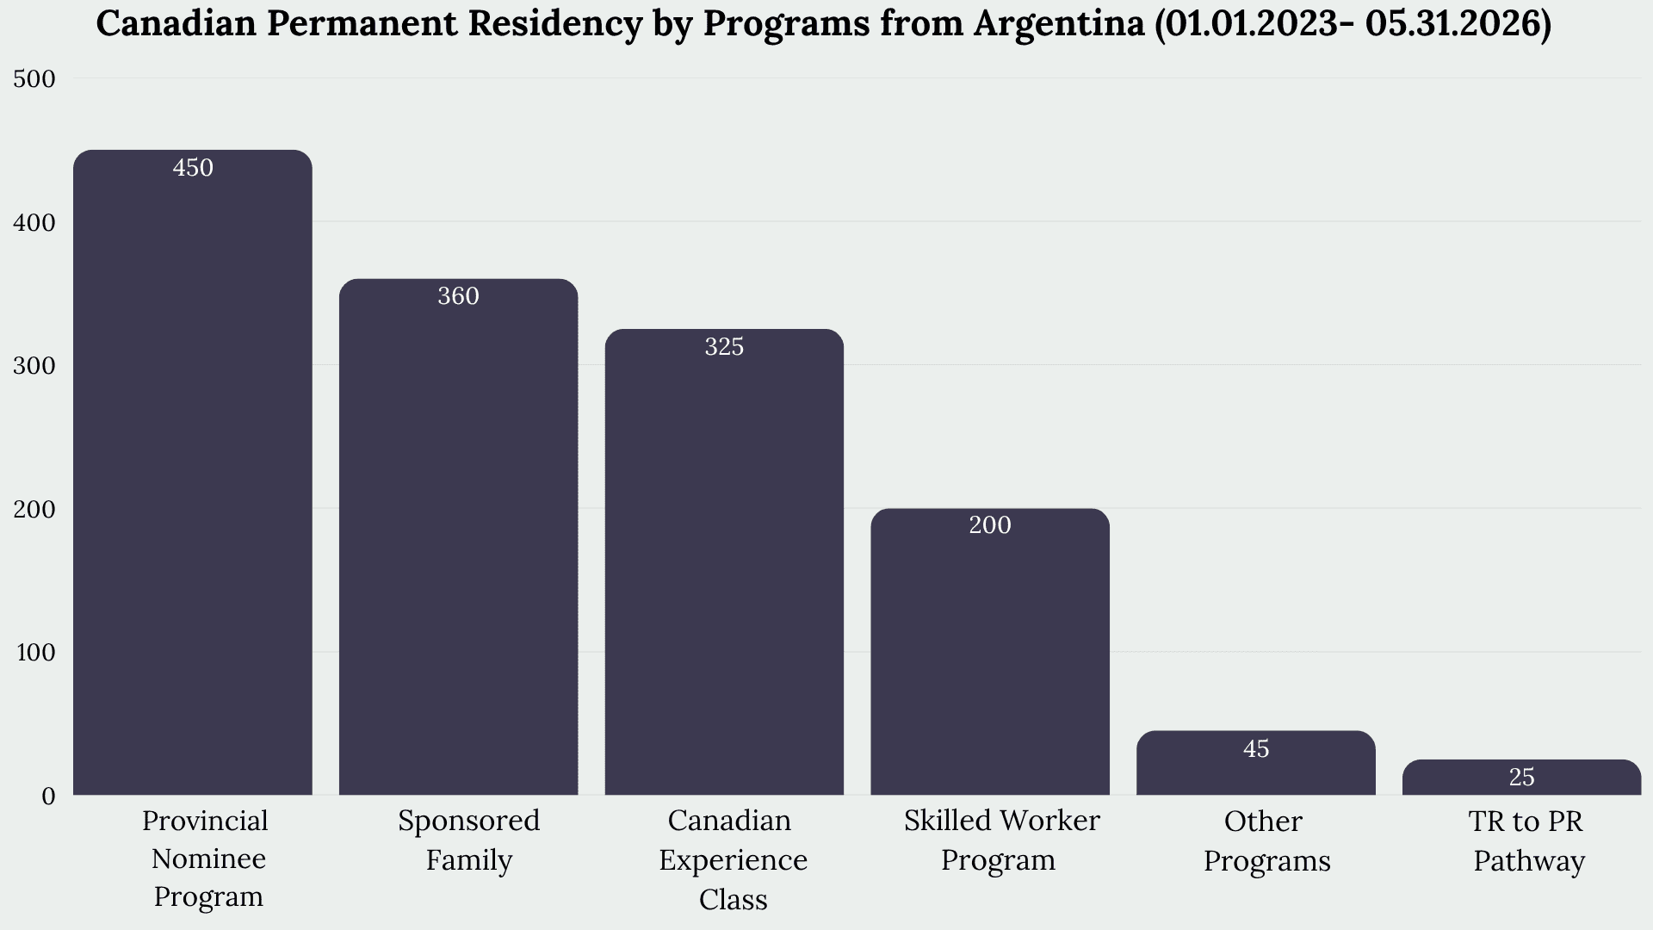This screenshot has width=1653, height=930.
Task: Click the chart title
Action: point(823,24)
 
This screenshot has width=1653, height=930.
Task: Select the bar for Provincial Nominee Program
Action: point(193,472)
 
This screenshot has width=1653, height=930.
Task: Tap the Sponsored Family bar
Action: point(458,536)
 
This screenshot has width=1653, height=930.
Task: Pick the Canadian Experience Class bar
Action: point(724,561)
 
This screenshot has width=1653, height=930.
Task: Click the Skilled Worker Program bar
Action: point(990,651)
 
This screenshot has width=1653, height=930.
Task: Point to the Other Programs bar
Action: point(1256,762)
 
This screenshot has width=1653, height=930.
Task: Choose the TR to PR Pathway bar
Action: point(1521,777)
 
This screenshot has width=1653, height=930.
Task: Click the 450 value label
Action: point(193,167)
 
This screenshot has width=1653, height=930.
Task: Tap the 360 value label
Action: point(458,296)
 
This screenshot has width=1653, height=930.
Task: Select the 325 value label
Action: point(724,346)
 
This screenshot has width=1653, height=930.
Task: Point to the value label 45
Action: point(1256,748)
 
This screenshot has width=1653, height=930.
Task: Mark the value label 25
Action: point(1521,777)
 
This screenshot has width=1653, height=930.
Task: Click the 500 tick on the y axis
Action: point(34,79)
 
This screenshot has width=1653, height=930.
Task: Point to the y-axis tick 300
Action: point(34,366)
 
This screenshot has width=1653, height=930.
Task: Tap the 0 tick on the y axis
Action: point(48,796)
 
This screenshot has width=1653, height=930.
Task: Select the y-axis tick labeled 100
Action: point(35,653)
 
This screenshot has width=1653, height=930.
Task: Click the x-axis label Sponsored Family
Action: point(469,840)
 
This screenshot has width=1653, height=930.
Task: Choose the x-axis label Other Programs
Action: point(1266,840)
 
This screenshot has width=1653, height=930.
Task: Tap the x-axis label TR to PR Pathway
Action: point(1528,840)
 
